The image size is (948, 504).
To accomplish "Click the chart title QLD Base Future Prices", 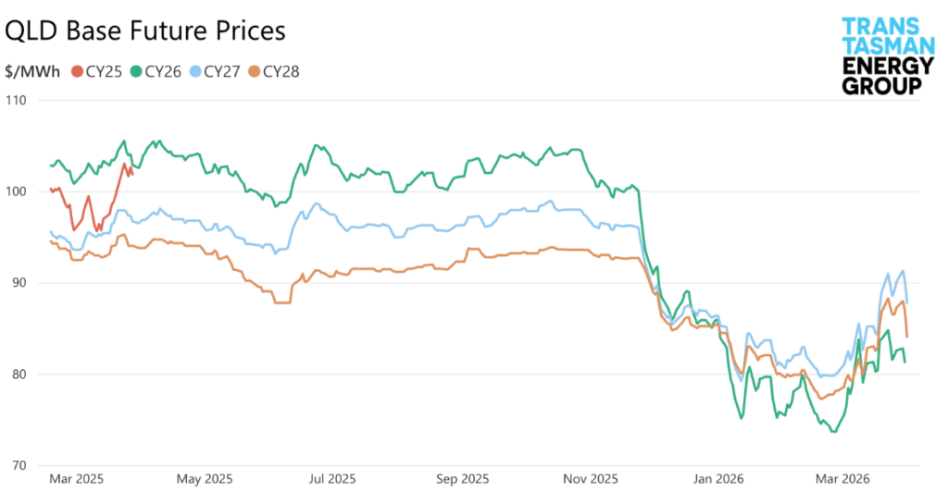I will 145,31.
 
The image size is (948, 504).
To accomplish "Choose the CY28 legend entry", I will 281,71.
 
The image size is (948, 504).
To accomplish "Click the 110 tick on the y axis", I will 18,100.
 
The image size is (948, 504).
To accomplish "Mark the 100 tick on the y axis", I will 18,191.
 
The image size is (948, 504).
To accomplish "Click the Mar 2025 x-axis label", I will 75,479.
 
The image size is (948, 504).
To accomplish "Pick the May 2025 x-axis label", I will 204,479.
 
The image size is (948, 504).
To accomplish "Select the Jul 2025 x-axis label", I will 331,479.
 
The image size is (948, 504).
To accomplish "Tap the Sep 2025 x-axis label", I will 461,479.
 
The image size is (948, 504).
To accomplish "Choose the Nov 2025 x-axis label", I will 591,479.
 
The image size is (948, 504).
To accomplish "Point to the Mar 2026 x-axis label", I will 841,479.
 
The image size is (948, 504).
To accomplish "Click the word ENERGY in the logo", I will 880,66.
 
